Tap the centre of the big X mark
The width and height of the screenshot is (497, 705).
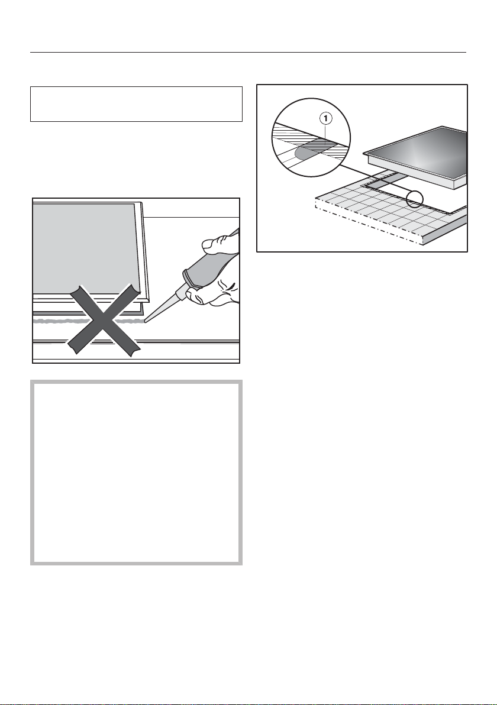(103, 320)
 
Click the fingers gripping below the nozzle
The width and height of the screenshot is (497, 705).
(211, 295)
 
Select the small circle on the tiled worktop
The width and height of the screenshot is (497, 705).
(414, 199)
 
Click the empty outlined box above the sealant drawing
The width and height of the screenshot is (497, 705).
(136, 104)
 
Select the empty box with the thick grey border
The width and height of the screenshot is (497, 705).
(136, 473)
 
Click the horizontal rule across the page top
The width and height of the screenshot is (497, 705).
(248, 52)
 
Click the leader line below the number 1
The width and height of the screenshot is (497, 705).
(326, 132)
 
